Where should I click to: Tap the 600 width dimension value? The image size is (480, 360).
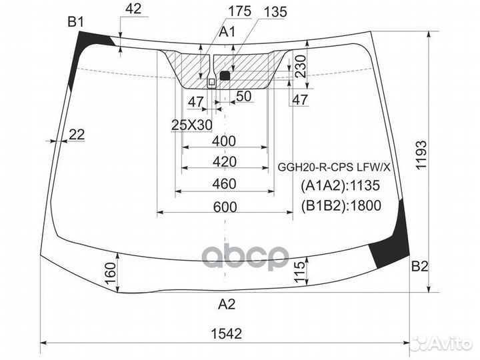tap(226, 207)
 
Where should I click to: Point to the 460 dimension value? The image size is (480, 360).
tap(225, 184)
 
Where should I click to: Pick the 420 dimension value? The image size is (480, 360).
tap(225, 162)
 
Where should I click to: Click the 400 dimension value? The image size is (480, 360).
tap(225, 141)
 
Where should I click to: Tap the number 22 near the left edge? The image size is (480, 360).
tap(77, 135)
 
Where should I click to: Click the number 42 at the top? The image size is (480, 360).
tap(133, 9)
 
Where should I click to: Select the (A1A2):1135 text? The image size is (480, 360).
tap(341, 186)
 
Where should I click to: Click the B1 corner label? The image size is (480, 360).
tap(75, 23)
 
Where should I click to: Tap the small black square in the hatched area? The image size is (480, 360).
tap(225, 76)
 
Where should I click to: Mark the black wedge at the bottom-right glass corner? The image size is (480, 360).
tap(393, 243)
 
